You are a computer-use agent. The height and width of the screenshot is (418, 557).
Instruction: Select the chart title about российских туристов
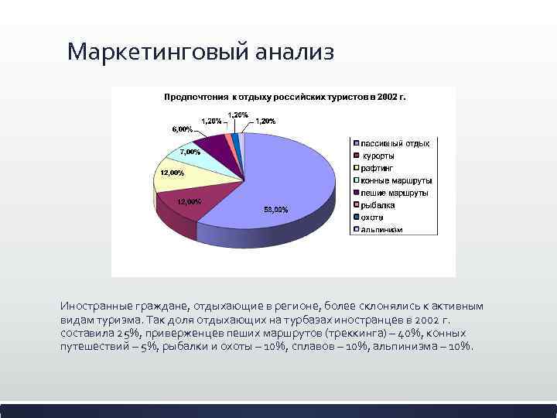tap(284, 98)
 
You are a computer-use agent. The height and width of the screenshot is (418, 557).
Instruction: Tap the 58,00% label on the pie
tap(276, 209)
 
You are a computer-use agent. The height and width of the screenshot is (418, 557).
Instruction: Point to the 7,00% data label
tap(190, 152)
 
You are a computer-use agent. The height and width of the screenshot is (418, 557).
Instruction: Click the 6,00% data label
tap(182, 128)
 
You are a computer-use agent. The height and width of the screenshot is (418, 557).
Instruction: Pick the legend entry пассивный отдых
tap(395, 142)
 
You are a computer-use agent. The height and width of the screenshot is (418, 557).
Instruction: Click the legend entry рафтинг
tap(378, 167)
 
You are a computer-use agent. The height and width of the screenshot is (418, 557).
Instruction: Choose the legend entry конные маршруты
tap(395, 180)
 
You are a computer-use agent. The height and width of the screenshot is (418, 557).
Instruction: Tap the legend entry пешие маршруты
tap(394, 192)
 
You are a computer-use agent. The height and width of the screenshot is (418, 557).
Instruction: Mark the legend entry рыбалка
tap(378, 204)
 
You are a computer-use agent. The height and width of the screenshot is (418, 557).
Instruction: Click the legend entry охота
tap(372, 217)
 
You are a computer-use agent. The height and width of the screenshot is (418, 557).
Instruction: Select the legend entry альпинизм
tap(381, 229)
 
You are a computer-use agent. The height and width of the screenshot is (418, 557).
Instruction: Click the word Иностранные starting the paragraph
tap(95, 306)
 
